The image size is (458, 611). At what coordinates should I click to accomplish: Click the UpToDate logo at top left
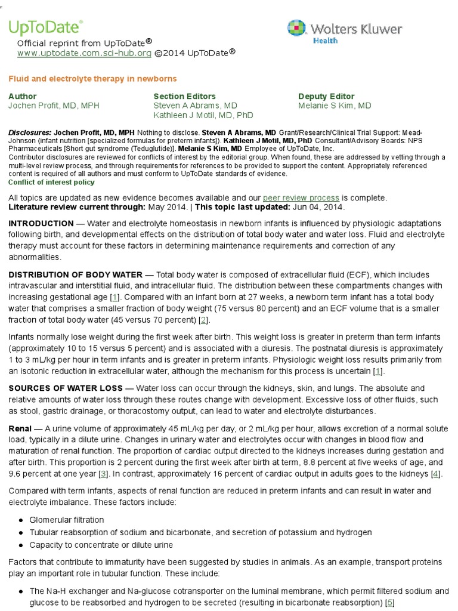(45, 27)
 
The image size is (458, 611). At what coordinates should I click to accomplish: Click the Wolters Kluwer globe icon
(297, 29)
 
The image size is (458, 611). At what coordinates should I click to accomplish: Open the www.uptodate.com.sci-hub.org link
(84, 53)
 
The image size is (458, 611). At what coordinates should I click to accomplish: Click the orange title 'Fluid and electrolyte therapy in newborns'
(92, 79)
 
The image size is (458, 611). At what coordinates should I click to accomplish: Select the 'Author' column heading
(23, 96)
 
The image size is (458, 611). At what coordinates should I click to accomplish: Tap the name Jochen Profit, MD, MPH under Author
(54, 106)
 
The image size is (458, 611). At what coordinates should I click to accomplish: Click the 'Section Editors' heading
(185, 96)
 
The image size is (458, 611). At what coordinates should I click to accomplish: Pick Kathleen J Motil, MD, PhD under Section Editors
(203, 115)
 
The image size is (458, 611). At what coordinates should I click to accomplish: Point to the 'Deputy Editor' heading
(326, 96)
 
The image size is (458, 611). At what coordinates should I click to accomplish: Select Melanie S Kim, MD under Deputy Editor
(335, 106)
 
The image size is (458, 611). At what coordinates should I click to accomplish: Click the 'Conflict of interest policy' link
(51, 182)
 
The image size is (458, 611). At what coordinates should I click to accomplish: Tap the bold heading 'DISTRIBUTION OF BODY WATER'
(75, 274)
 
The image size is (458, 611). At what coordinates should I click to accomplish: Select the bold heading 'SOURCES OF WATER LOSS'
(65, 388)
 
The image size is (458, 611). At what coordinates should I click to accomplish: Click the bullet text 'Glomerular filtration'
(67, 520)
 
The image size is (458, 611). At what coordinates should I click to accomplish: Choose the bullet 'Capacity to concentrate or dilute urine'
(101, 545)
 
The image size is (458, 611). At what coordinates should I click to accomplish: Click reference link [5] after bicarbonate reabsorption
(391, 603)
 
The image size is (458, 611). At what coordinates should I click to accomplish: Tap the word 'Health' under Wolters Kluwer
(325, 41)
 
